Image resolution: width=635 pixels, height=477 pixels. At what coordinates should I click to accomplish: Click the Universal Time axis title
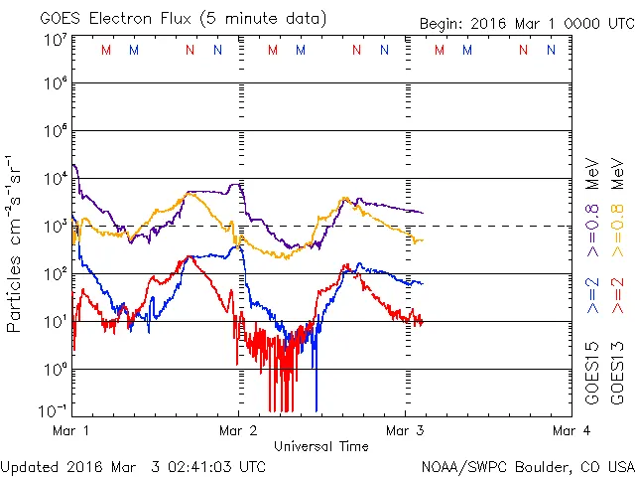(320, 446)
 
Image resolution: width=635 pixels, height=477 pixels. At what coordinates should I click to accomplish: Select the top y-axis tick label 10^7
(54, 41)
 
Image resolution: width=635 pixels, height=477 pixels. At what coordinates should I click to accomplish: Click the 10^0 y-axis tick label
(54, 369)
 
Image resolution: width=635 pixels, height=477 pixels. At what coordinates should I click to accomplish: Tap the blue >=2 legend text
(593, 296)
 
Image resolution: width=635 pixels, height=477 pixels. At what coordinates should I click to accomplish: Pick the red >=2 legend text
(617, 296)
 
